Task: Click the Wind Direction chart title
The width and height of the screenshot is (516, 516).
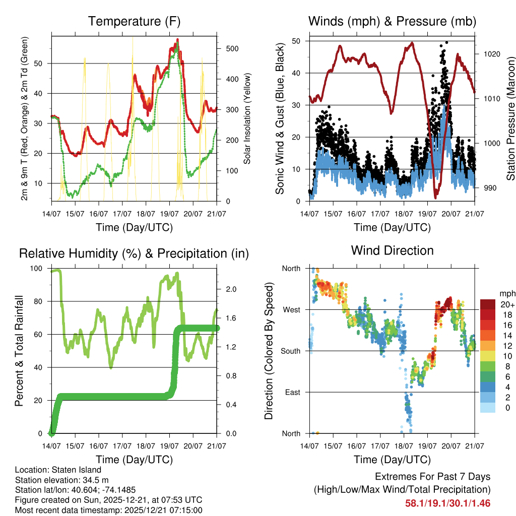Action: (x=392, y=250)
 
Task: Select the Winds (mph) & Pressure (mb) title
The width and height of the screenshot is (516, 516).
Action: (x=392, y=22)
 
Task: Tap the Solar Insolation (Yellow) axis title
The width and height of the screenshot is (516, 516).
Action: (x=247, y=118)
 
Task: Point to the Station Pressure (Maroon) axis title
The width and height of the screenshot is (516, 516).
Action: (x=510, y=118)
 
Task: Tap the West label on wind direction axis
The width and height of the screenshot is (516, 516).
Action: (x=291, y=309)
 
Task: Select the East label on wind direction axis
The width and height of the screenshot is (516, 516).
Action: (x=292, y=392)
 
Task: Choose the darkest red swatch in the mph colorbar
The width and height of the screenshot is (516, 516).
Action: (x=487, y=304)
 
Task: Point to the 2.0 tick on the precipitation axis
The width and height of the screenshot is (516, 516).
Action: (x=231, y=289)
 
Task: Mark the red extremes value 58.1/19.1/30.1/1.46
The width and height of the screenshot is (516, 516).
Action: (x=447, y=503)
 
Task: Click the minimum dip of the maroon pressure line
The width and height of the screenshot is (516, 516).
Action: (x=436, y=197)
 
